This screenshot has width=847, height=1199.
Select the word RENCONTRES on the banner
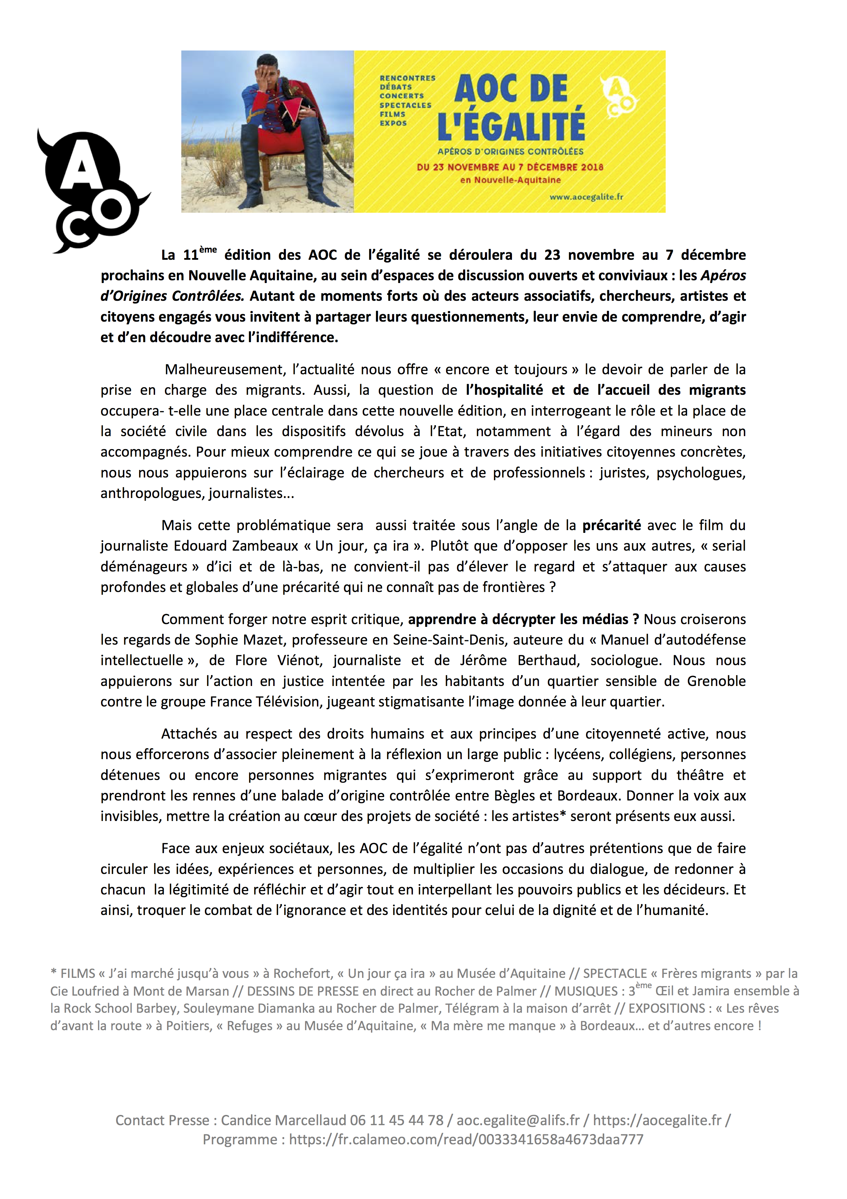point(407,78)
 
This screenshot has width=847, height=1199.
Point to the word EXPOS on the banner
point(393,123)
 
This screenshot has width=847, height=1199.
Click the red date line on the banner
point(510,167)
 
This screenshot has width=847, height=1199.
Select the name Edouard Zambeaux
point(236,546)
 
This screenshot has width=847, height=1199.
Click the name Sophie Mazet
point(239,640)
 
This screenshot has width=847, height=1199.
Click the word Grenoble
point(716,682)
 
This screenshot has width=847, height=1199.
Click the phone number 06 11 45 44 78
point(397,1121)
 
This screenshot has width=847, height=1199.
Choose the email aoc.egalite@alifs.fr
point(518,1121)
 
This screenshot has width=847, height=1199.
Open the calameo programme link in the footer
point(466,1140)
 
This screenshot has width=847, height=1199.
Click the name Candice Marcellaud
point(283,1121)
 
